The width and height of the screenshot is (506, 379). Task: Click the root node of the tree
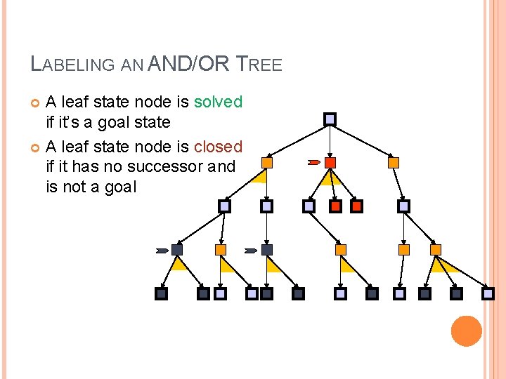click(330, 119)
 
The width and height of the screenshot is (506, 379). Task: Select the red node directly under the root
click(330, 162)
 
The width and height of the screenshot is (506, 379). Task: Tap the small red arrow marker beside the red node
click(313, 162)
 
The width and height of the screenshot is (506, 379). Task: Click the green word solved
click(218, 102)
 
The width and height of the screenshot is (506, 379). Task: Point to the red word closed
click(218, 147)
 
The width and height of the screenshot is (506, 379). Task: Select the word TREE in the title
click(259, 65)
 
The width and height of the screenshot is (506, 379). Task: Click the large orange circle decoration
click(466, 331)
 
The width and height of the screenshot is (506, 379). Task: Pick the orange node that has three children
click(436, 249)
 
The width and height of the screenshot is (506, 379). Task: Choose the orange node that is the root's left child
click(266, 162)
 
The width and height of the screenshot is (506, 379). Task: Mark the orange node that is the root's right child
click(394, 162)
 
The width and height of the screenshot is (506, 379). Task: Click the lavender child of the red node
click(309, 206)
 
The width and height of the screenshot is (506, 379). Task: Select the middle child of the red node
click(336, 206)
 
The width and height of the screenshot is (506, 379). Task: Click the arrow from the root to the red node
click(330, 140)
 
